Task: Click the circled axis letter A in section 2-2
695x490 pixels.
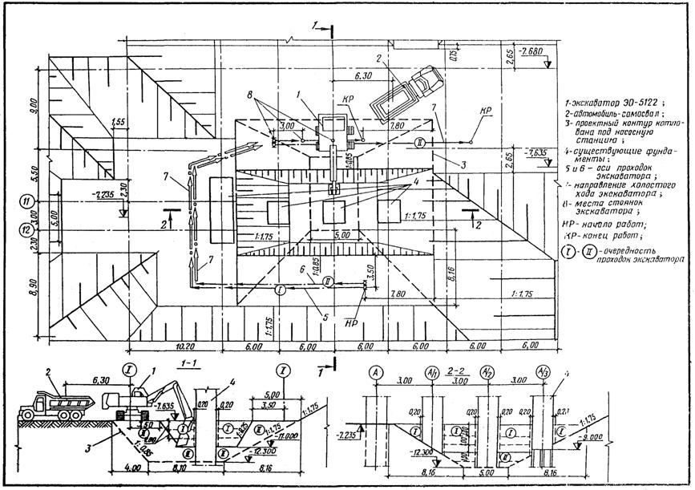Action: coord(375,372)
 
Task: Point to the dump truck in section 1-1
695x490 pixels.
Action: coord(53,403)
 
